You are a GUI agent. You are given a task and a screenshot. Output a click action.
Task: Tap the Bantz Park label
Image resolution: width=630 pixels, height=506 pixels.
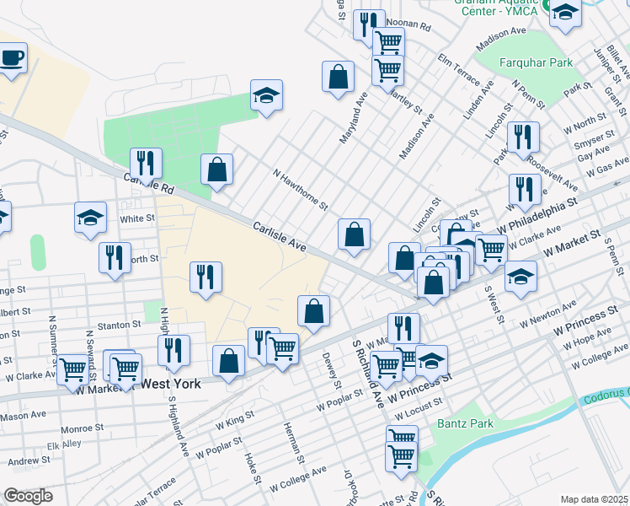pyautogui.click(x=466, y=423)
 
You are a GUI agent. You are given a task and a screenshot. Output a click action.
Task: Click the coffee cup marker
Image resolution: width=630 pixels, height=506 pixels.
pyautogui.click(x=12, y=58)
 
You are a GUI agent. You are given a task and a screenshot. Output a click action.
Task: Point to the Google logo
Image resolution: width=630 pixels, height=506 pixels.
pyautogui.click(x=29, y=496)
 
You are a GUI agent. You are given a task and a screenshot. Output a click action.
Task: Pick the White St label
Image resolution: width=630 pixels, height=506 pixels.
pyautogui.click(x=137, y=218)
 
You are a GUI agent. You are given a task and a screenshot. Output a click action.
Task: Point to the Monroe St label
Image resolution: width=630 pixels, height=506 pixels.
pyautogui.click(x=83, y=428)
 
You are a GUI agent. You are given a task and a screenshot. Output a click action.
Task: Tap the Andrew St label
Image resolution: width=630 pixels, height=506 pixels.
pyautogui.click(x=29, y=461)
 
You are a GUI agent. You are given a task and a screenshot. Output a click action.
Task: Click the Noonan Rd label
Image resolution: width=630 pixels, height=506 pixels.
pyautogui.click(x=409, y=27)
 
